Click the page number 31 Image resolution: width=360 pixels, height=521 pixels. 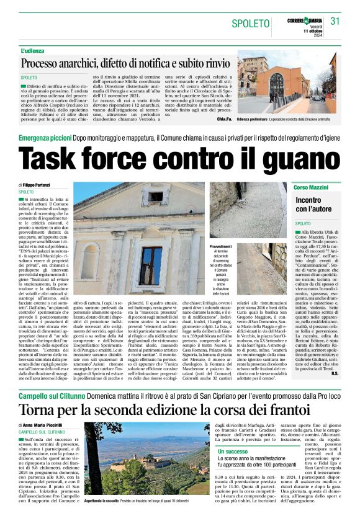[x=335, y=20]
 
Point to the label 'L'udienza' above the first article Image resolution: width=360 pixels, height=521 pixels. [x=34, y=50]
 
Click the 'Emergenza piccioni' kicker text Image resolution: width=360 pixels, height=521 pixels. [x=44, y=138]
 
